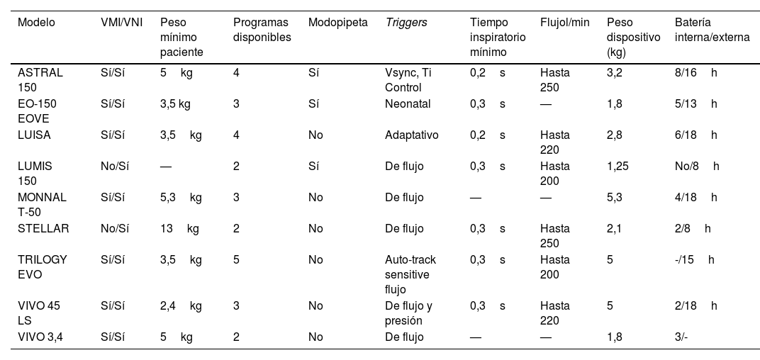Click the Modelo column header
(x=36, y=22)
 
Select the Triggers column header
(x=406, y=22)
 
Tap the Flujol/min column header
(x=564, y=22)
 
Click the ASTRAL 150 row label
(x=40, y=80)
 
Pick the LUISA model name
(x=34, y=135)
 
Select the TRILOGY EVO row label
(x=42, y=267)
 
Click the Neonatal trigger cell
(x=408, y=103)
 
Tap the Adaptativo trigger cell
(x=411, y=135)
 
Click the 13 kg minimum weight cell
(x=179, y=228)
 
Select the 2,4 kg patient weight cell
(x=181, y=306)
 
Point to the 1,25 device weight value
(x=617, y=166)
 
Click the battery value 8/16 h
(x=696, y=72)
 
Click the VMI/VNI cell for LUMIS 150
(x=114, y=166)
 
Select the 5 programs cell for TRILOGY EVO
(x=236, y=259)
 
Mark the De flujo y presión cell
(x=408, y=313)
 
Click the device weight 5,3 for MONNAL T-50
(x=615, y=197)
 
